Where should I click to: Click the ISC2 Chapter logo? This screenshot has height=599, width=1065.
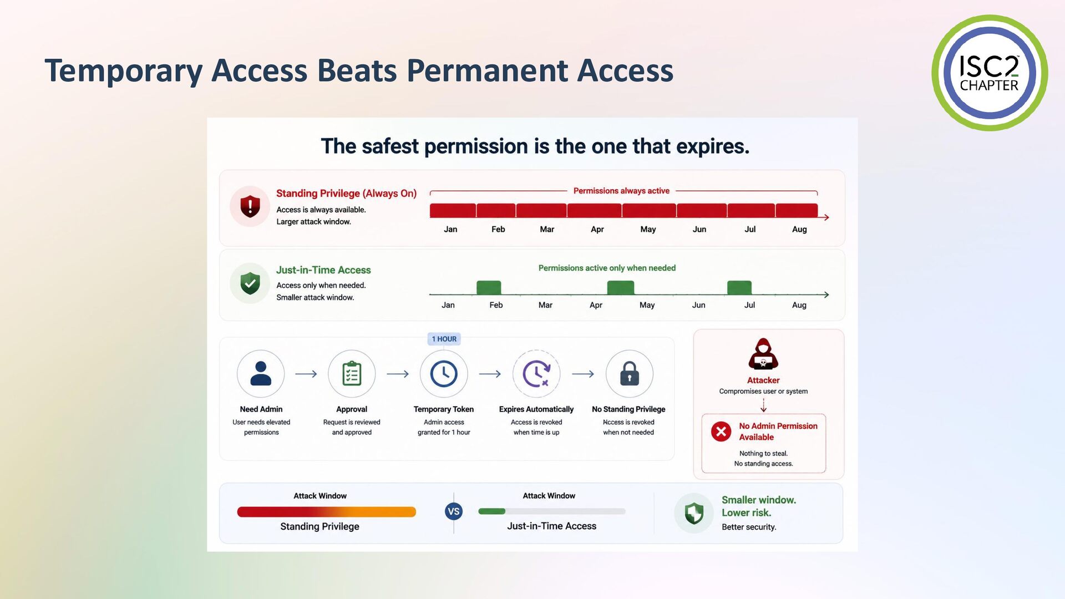(x=990, y=73)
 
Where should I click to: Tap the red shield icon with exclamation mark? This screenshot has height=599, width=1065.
(x=250, y=206)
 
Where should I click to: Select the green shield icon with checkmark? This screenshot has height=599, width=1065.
(x=250, y=283)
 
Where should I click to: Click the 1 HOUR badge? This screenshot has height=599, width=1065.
(x=444, y=339)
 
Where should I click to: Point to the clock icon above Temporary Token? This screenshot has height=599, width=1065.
(x=444, y=374)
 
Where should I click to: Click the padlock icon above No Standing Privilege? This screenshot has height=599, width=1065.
(x=630, y=374)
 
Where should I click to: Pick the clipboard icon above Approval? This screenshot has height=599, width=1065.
(x=352, y=374)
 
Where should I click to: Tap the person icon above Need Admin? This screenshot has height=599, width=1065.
(x=261, y=373)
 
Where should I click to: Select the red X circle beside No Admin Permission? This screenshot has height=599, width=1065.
(x=721, y=432)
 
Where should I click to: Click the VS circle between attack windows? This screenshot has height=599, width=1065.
(x=454, y=511)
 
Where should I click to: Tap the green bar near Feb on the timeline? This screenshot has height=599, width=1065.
(x=489, y=287)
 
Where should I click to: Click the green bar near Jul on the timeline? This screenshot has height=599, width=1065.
(x=739, y=287)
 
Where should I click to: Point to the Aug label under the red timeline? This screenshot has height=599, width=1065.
(x=799, y=229)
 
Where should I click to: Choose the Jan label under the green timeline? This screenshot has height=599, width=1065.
(x=448, y=305)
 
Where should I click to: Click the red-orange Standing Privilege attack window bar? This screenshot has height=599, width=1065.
(x=327, y=512)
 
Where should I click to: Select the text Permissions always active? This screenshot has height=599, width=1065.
(x=621, y=191)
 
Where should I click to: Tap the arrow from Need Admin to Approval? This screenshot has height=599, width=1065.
(x=306, y=374)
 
